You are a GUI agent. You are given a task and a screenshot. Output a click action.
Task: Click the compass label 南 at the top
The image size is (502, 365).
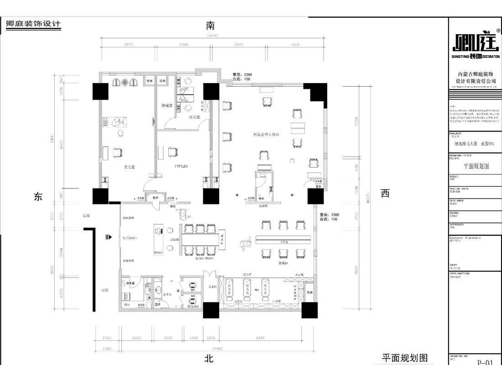pos(210,26)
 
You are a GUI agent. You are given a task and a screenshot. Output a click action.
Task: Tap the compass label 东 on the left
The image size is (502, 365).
pos(38,196)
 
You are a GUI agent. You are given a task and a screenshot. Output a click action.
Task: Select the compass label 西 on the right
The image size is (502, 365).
pos(386,193)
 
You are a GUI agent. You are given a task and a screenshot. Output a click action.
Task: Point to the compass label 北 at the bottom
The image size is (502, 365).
pos(209,358)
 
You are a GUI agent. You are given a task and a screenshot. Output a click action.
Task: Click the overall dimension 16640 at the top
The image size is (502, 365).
pos(213,36)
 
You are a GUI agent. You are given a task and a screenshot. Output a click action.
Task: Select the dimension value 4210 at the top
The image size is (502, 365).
pos(295,45)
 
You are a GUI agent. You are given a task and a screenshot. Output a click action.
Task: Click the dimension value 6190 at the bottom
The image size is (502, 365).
pos(261,338)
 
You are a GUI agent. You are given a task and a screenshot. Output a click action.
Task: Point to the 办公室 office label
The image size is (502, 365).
pos(195,117)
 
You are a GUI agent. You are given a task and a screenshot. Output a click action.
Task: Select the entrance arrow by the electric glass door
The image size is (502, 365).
pos(109,237)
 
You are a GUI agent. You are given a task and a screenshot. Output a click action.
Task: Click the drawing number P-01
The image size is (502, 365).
pos(485,362)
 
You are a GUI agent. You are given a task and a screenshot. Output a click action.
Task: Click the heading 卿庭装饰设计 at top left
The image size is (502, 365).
pos(33,24)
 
